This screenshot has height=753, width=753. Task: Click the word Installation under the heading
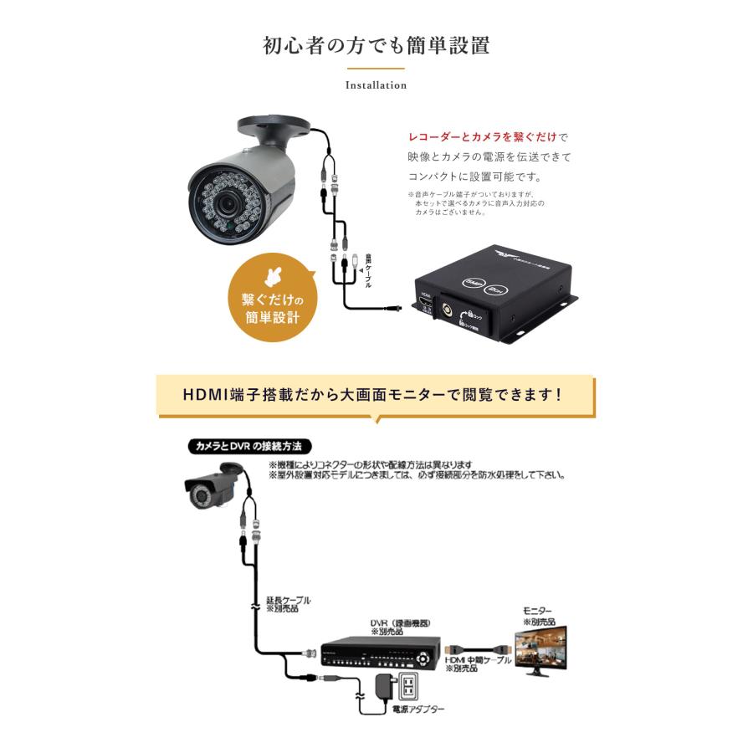click(376, 85)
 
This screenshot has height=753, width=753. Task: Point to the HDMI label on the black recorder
click(425, 295)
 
